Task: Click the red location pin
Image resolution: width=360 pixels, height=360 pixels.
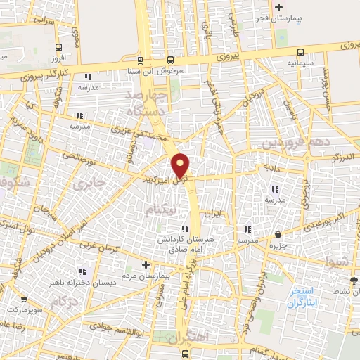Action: pyautogui.click(x=181, y=165)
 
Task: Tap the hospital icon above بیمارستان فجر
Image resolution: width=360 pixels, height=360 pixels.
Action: pyautogui.click(x=279, y=7)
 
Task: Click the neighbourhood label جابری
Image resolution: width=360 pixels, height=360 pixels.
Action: pyautogui.click(x=89, y=184)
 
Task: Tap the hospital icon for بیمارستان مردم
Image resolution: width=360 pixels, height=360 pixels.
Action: pyautogui.click(x=146, y=265)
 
